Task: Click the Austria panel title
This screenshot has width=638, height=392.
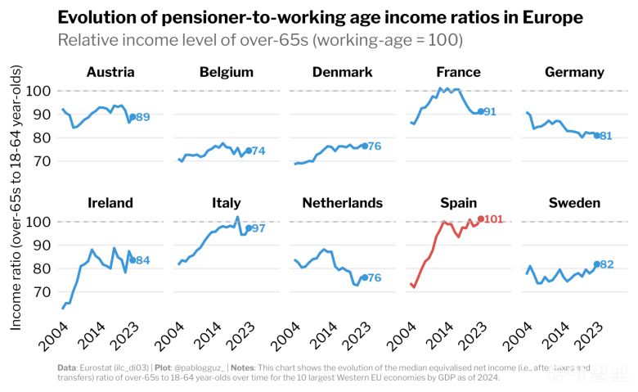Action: (110, 72)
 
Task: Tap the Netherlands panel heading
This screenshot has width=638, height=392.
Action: (342, 202)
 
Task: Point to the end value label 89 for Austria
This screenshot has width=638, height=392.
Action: (142, 118)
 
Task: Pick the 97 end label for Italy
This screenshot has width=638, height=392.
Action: (258, 228)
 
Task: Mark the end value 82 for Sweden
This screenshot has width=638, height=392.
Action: (607, 264)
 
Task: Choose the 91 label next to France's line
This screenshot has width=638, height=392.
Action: (491, 112)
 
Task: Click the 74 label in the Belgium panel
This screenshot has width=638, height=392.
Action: (258, 151)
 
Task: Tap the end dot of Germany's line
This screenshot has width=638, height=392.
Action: (596, 135)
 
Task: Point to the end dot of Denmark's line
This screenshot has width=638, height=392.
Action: (364, 146)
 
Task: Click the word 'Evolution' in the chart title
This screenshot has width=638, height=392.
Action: (97, 17)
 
